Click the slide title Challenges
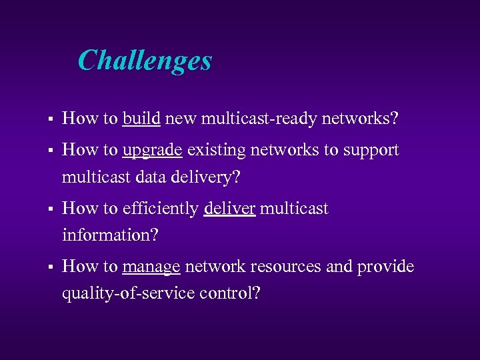[145, 61]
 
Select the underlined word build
[141, 119]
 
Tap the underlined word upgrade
[152, 151]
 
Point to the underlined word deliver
[229, 209]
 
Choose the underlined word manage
[151, 267]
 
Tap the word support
[371, 151]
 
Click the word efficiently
[161, 209]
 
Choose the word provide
[385, 267]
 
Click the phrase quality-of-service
[127, 293]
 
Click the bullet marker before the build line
[42, 120]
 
